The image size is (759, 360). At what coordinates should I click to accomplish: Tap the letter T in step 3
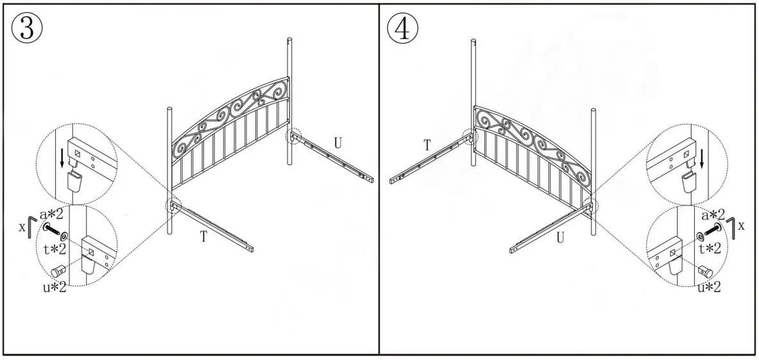coord(203,237)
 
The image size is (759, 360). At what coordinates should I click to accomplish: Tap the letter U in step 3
coord(337,142)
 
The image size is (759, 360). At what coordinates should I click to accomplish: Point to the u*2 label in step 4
coord(709,287)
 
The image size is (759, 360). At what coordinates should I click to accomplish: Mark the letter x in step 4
coord(742,226)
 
